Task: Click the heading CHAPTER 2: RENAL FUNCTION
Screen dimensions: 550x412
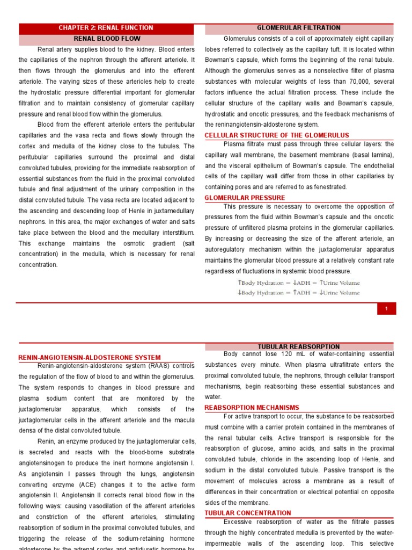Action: [x=106, y=28]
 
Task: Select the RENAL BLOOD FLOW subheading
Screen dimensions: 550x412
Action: [x=107, y=39]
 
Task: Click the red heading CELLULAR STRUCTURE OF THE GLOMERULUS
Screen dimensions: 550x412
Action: [x=277, y=135]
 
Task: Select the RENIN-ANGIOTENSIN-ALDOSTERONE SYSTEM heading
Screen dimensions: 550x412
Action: [x=89, y=357]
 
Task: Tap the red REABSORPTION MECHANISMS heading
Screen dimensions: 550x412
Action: [x=252, y=408]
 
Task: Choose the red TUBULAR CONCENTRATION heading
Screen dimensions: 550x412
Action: [x=248, y=513]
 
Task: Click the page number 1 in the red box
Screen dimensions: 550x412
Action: [x=386, y=308]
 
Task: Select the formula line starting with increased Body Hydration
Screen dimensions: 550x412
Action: [x=298, y=283]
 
